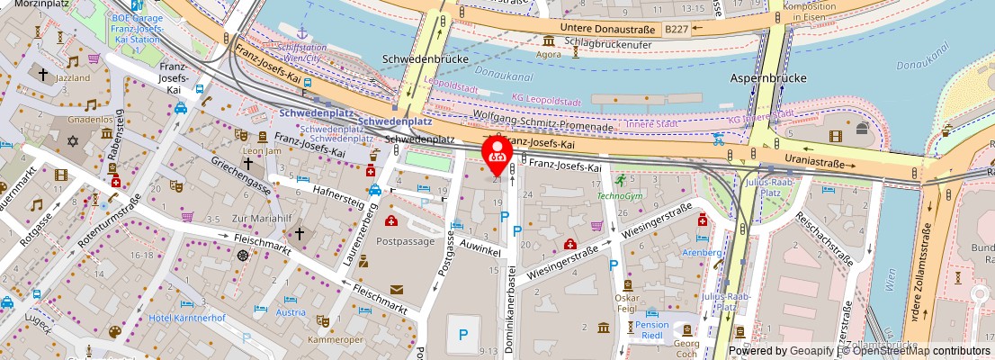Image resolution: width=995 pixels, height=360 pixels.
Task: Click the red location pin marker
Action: (x=496, y=155)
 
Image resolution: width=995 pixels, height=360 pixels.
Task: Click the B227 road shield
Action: (x=676, y=30)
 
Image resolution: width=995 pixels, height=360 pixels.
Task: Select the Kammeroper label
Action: (x=333, y=340)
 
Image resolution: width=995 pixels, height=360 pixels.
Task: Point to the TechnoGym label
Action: (x=621, y=194)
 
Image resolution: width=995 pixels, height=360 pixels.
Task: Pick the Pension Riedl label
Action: (x=652, y=331)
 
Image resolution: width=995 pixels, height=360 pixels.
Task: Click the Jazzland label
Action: (x=73, y=78)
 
